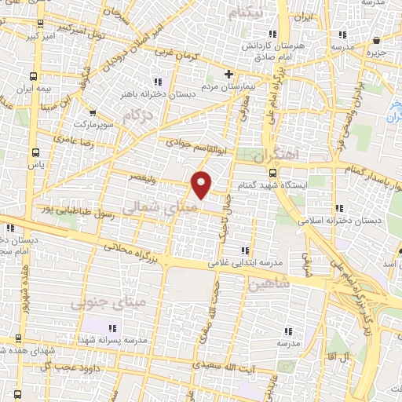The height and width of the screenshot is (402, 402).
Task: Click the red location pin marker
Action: click(x=203, y=184)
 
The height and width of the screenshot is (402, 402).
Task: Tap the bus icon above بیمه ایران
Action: click(x=34, y=77)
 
